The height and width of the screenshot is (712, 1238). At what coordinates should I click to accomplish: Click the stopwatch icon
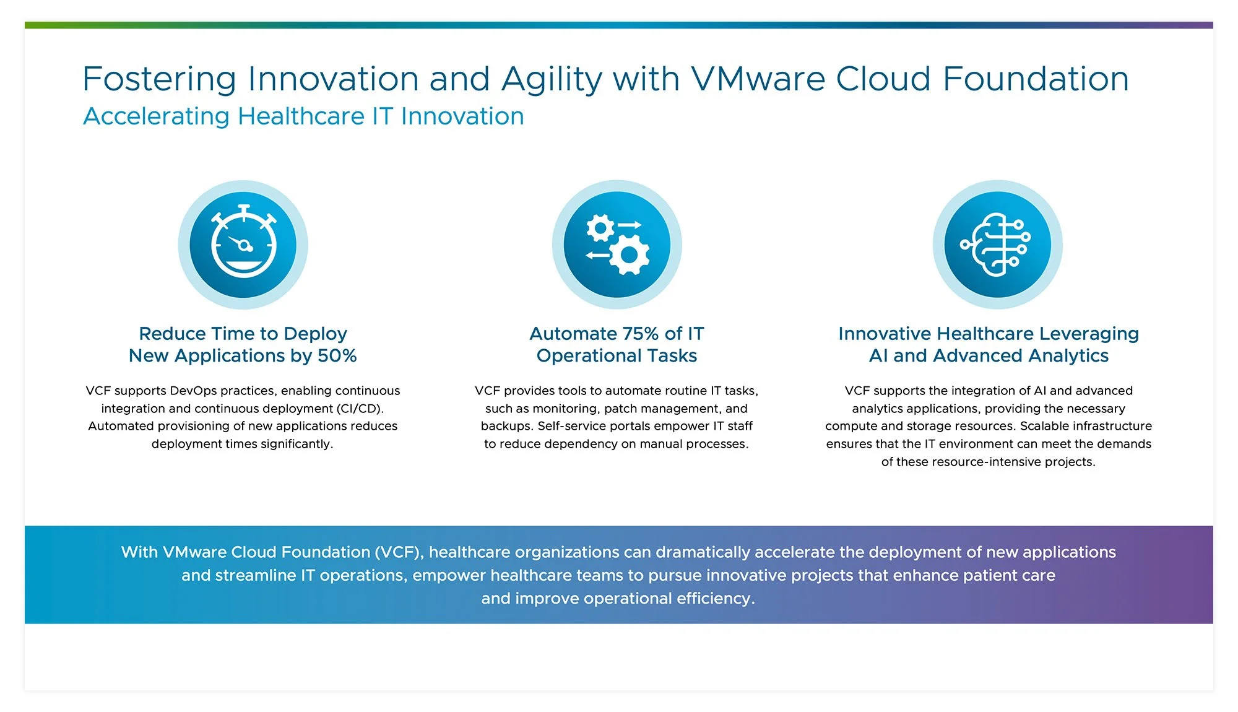[x=243, y=245]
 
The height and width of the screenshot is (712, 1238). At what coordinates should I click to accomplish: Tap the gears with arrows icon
[x=617, y=245]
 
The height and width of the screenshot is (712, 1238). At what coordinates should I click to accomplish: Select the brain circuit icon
[x=997, y=245]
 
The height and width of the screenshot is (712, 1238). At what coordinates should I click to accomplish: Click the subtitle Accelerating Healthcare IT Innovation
[x=303, y=116]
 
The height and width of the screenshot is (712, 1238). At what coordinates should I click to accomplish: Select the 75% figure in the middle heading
[x=638, y=334]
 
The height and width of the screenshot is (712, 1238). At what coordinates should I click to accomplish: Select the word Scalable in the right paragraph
[x=1042, y=426]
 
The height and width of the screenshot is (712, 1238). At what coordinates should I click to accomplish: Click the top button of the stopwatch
[x=244, y=208]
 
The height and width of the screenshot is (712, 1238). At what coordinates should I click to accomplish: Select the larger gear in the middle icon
[x=629, y=254]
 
